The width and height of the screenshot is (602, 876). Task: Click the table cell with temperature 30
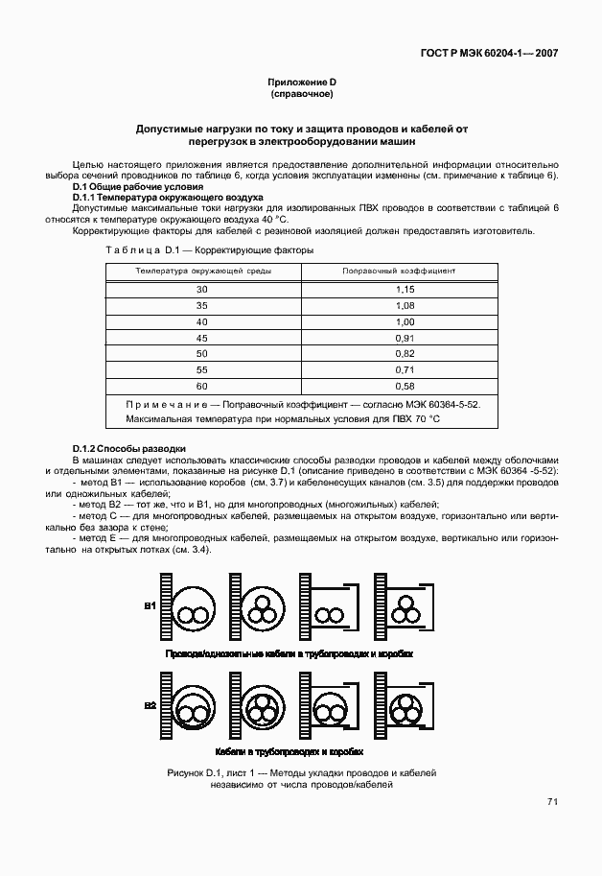202,289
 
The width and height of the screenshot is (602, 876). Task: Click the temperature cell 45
202,338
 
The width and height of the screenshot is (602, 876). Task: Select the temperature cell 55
202,369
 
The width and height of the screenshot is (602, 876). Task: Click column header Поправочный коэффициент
399,272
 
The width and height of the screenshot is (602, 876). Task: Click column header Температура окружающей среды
202,272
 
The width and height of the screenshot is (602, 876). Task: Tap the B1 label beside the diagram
150,606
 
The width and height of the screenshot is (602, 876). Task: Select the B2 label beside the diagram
150,706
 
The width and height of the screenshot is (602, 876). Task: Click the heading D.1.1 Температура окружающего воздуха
161,197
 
